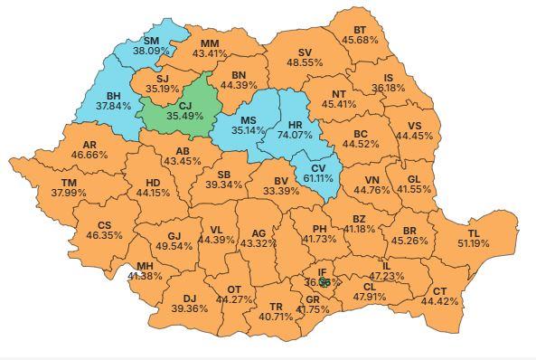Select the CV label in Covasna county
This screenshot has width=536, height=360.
pos(316,167)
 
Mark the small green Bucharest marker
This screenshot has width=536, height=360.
pos(324,282)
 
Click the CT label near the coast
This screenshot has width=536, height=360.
pos(440,290)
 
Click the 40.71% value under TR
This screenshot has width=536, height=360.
pos(277,317)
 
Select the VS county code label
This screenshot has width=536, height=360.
pos(415,125)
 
